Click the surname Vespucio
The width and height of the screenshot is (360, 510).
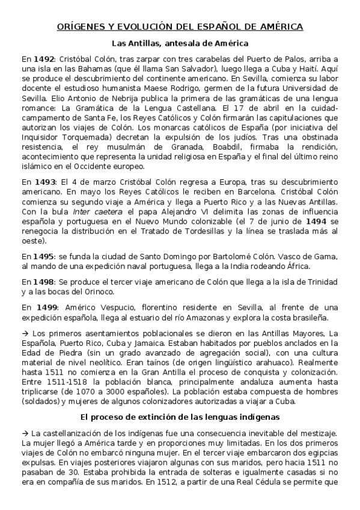click(x=100, y=307)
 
